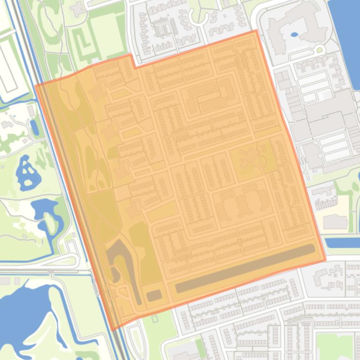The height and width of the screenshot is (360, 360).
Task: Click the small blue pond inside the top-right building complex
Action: pyautogui.click(x=294, y=34)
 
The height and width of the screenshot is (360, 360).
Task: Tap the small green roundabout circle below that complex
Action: pyautogui.click(x=320, y=50)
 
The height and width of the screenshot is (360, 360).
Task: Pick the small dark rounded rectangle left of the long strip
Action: pyautogui.click(x=154, y=295)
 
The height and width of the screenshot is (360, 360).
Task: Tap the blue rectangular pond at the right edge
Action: pyautogui.click(x=342, y=243)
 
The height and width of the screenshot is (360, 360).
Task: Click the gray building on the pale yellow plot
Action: pyautogui.click(x=335, y=222)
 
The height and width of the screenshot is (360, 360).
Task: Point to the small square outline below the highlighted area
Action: pyautogui.click(x=155, y=319)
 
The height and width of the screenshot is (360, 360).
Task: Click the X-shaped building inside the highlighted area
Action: pyautogui.click(x=250, y=158)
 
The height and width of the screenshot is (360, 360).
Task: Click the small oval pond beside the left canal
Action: pyautogui.click(x=35, y=127)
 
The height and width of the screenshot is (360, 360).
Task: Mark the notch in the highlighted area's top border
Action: pyautogui.click(x=133, y=61)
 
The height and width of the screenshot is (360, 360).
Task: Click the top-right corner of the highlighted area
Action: pyautogui.click(x=256, y=31)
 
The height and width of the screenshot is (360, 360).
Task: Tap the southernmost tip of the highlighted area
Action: pyautogui.click(x=113, y=330)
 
